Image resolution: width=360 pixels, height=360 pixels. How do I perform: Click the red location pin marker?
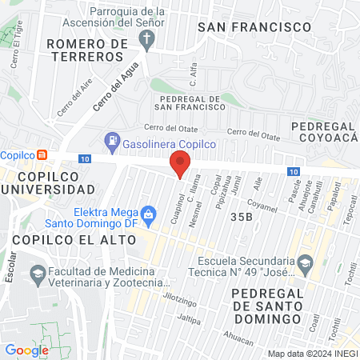point(180,166)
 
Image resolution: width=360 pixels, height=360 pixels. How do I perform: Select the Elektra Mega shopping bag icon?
point(148,214)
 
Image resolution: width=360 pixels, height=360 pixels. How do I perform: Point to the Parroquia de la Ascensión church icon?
point(149,44)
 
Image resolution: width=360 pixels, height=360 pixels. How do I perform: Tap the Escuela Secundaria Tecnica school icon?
point(305,262)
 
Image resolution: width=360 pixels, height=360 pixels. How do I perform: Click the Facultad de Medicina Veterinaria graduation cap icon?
point(37,274)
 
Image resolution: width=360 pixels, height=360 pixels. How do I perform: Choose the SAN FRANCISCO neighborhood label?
point(254,27)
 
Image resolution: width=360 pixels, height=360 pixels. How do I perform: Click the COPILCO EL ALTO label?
point(54,239)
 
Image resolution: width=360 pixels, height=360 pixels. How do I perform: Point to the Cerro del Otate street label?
point(169,128)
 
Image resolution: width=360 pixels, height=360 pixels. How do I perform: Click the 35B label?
point(241,217)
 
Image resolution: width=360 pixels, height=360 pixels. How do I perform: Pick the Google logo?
point(26,350)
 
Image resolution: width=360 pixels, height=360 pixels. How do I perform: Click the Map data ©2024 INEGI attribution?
point(312,354)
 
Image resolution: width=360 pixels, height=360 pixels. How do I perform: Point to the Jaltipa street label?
point(189,319)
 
